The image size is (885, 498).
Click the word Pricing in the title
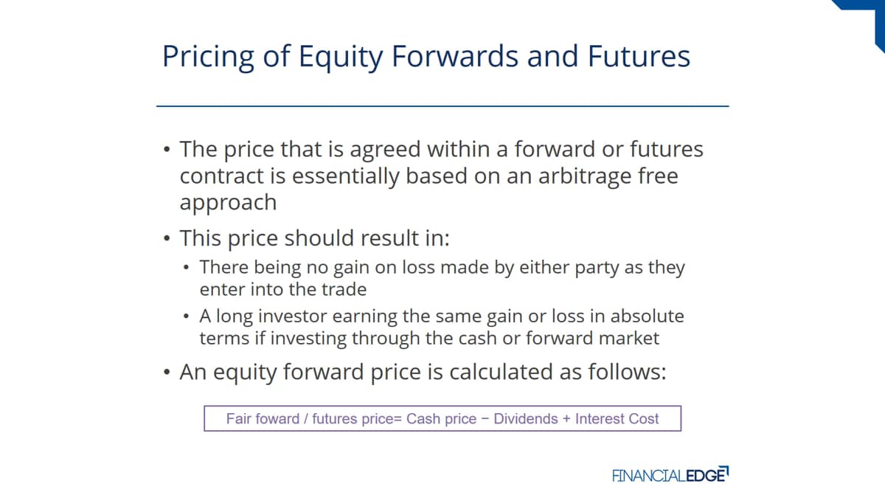click(208, 58)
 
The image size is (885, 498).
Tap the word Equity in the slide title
click(341, 58)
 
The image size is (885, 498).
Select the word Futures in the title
click(639, 57)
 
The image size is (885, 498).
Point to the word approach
click(228, 203)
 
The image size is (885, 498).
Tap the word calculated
click(501, 373)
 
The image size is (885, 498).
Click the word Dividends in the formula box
click(525, 419)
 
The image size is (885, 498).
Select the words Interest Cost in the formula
click(617, 419)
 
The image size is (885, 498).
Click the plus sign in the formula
click(566, 419)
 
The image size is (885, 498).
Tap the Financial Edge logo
click(670, 474)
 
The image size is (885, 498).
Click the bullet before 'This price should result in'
click(167, 239)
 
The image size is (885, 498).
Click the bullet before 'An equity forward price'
click(167, 373)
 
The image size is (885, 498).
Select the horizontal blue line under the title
click(442, 106)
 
